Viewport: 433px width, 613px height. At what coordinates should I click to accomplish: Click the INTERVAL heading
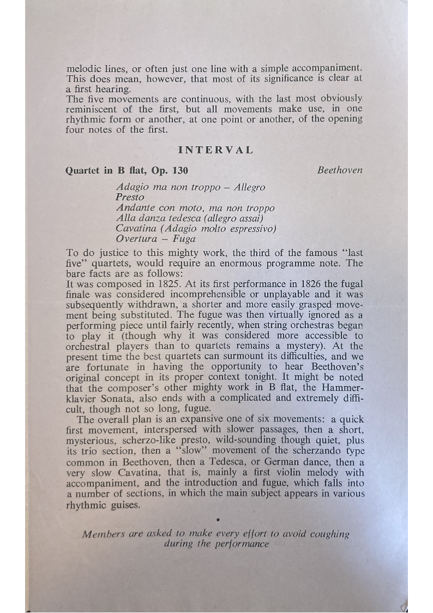[x=215, y=150]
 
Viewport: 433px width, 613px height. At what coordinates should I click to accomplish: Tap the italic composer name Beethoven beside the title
[x=340, y=170]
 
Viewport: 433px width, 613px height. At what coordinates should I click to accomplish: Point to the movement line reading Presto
[x=130, y=197]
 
